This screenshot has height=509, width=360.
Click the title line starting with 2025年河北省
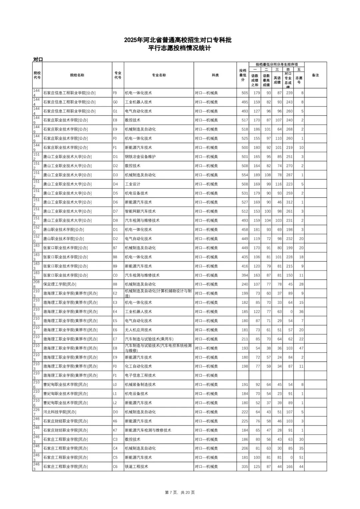[x=178, y=40]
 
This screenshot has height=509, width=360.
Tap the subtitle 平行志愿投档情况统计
[x=179, y=48]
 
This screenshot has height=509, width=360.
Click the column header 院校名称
[x=77, y=75]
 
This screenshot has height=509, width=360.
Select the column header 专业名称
[x=159, y=75]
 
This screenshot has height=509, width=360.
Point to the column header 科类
[x=215, y=75]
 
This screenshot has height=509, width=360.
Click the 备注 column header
[x=315, y=75]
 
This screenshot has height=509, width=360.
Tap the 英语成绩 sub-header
[x=277, y=80]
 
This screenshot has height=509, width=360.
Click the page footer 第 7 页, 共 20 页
[x=180, y=492]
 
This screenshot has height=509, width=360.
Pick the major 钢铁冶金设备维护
[x=140, y=157]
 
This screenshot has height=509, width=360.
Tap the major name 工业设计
[x=132, y=184]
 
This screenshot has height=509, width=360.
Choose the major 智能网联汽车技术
[x=140, y=211]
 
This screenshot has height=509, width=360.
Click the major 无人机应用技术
[x=138, y=330]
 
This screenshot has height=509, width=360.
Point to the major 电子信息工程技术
[x=140, y=375]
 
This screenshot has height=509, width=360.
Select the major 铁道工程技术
[x=136, y=467]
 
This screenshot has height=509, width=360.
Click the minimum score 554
[x=245, y=175]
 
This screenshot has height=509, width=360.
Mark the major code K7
[x=115, y=430]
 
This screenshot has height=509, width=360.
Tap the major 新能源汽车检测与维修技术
[x=148, y=430]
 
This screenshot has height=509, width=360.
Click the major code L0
[x=115, y=384]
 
